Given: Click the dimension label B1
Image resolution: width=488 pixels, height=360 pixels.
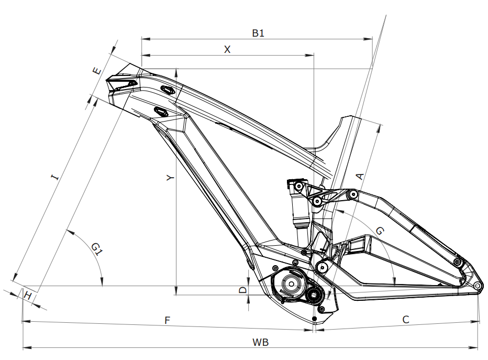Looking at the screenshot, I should point(258,33).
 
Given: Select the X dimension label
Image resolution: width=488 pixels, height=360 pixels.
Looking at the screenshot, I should point(227,49).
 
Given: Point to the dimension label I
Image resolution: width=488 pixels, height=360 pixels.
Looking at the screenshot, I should point(54,178).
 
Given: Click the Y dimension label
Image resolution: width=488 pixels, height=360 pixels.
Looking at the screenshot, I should point(170,178).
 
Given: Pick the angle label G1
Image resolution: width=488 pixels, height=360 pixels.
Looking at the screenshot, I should point(95,248).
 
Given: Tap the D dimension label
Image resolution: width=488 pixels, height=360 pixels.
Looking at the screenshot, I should point(242,290).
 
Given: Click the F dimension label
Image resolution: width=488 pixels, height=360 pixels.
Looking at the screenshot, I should point(168,320).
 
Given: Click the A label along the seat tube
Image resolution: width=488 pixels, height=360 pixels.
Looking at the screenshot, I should point(360,176).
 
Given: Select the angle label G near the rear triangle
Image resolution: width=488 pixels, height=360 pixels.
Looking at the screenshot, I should point(380,231).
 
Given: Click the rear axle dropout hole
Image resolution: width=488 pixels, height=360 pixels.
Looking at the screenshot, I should point(478,286).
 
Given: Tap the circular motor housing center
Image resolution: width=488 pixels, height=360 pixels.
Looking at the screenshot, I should point(289,284).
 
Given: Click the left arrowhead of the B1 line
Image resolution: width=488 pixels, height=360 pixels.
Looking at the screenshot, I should point(144,38).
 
